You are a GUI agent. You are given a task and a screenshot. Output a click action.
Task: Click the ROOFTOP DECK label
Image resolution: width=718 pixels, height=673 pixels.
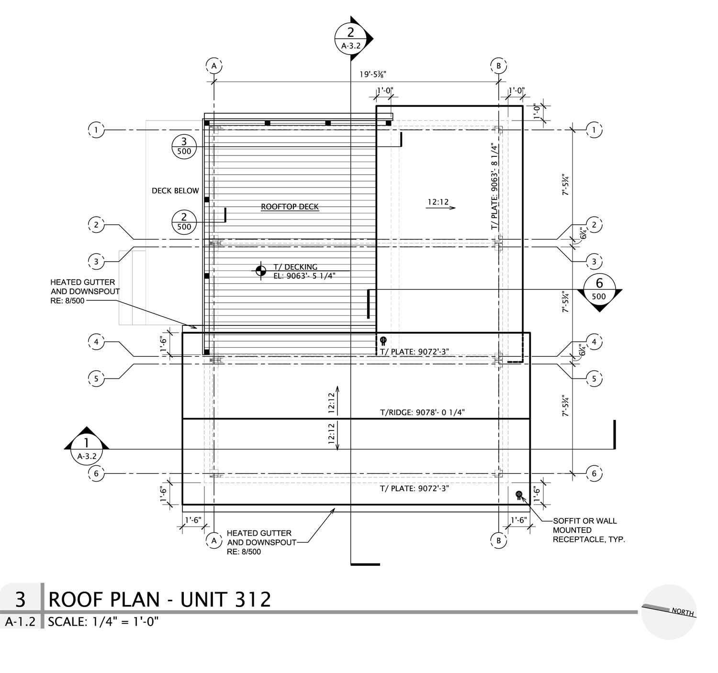(x=290, y=207)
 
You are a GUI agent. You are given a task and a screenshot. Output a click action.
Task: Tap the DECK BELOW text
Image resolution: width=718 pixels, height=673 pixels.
(x=175, y=191)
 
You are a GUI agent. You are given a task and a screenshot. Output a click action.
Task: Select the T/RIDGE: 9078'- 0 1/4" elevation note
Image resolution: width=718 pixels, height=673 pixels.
(x=422, y=412)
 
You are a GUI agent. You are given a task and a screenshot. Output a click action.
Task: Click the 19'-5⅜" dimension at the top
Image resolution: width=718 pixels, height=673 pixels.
(x=373, y=75)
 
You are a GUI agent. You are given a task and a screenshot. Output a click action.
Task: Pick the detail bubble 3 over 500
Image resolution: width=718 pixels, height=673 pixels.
(x=184, y=146)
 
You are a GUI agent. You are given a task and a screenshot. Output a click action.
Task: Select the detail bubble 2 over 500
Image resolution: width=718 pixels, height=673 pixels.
(x=184, y=221)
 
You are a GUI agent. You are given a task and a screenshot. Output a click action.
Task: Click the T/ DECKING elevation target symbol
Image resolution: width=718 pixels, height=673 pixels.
(x=260, y=271)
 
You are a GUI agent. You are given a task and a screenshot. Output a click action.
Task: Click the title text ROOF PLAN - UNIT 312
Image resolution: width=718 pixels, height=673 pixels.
(x=160, y=600)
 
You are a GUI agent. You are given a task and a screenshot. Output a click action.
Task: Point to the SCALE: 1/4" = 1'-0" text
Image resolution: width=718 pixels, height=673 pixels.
(x=103, y=622)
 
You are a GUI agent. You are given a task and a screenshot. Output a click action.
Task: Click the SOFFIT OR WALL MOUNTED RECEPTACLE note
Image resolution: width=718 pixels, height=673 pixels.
(x=588, y=530)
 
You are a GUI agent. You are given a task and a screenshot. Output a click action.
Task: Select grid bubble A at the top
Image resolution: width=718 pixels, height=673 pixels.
(x=214, y=66)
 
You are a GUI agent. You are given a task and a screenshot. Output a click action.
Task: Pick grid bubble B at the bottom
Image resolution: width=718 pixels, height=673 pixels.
(x=498, y=541)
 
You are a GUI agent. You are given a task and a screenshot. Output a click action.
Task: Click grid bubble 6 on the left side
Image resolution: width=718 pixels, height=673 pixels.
(x=96, y=474)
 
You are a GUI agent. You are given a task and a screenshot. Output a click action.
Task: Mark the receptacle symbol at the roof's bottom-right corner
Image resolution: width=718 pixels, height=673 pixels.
(x=518, y=495)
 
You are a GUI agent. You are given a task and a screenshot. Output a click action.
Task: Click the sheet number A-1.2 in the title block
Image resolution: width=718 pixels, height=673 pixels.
(x=21, y=622)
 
